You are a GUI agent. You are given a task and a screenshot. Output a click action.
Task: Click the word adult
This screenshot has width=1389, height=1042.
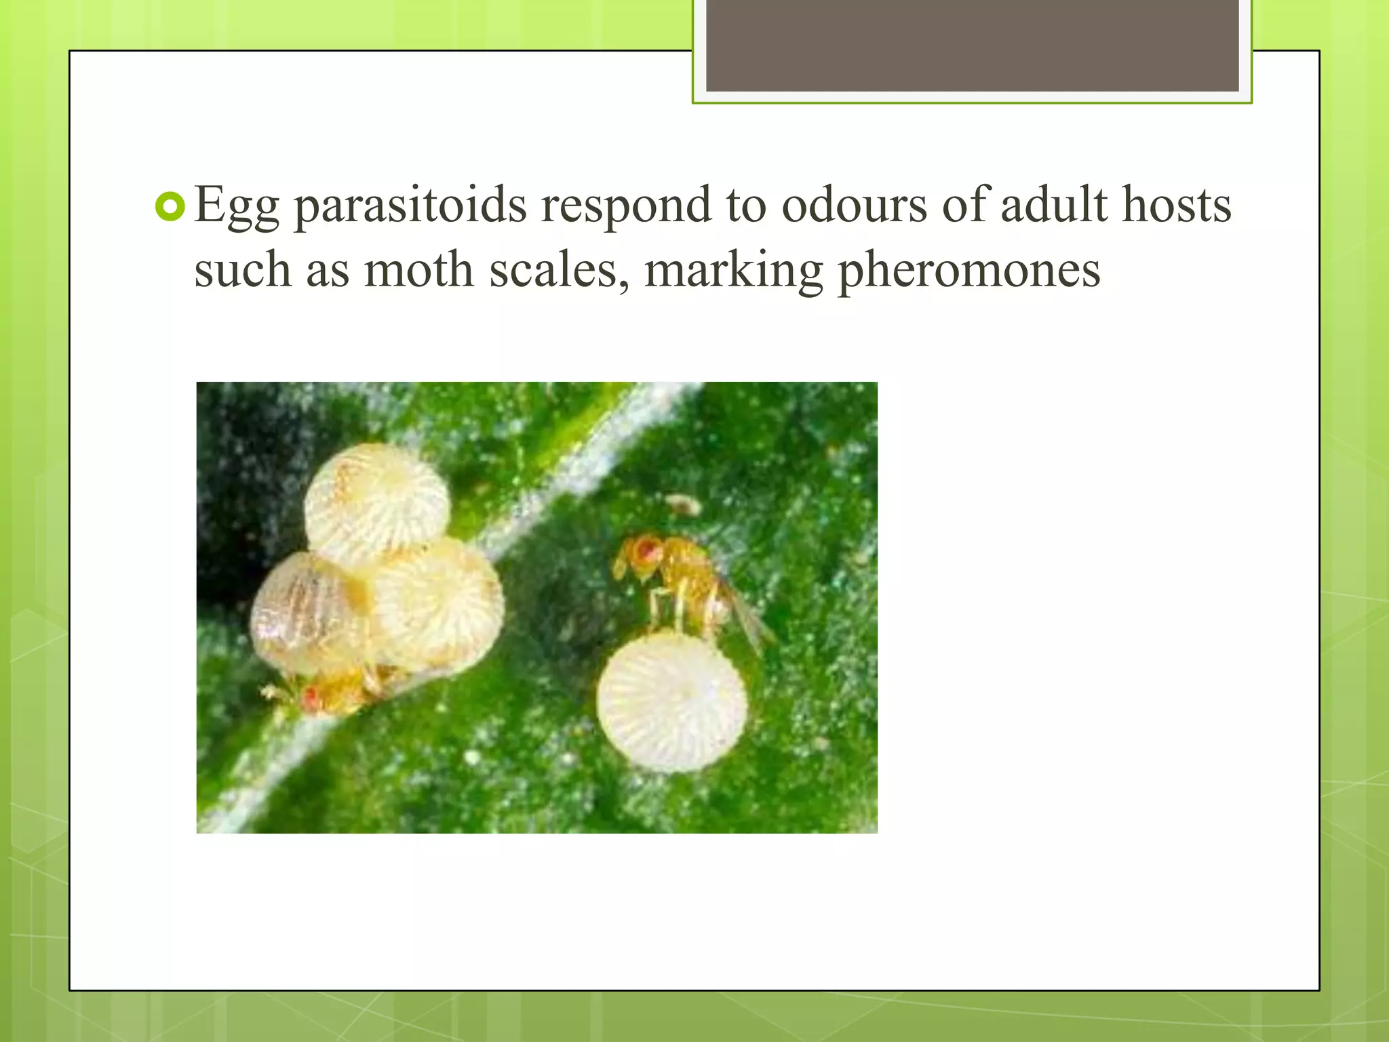coord(1053,205)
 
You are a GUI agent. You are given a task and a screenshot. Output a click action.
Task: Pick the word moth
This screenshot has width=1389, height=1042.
coord(418,270)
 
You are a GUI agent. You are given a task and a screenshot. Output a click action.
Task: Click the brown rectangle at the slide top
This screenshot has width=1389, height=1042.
coord(972,45)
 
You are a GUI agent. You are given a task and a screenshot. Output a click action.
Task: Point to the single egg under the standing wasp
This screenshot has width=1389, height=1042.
coord(671,703)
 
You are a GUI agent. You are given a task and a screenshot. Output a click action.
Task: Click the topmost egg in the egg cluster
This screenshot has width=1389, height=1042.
coord(377,505)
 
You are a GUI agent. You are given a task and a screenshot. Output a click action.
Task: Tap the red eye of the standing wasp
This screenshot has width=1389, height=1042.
coord(649,548)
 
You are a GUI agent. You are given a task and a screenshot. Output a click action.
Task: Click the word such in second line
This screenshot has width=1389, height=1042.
coord(242,270)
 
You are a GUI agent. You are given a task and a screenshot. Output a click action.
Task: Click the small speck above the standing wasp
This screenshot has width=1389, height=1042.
coord(684,504)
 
